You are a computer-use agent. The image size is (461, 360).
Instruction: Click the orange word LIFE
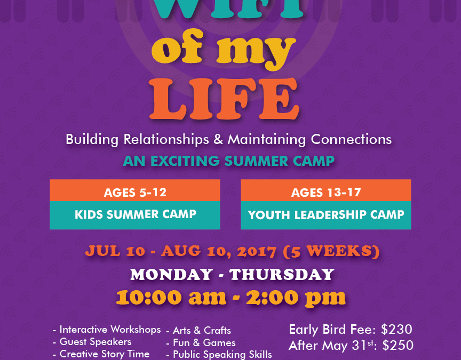224,99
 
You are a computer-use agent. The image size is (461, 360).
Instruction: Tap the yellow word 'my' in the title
256,50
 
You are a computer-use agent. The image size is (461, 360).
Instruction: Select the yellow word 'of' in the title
177,46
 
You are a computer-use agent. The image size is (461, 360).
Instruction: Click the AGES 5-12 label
135,193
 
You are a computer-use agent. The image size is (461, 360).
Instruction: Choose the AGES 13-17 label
326,193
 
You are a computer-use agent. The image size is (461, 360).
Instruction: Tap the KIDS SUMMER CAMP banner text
135,214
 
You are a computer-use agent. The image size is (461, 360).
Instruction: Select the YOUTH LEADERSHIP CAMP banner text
326,214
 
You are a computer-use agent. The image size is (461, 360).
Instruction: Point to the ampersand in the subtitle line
218,139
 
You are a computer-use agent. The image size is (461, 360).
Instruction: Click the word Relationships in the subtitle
166,139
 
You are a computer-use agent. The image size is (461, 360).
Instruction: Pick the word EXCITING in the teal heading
185,161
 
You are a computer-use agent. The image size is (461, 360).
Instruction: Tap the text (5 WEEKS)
331,252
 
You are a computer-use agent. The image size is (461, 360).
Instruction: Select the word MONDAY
171,275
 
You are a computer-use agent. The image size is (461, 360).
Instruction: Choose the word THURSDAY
282,275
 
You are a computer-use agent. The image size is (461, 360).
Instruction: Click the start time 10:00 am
171,298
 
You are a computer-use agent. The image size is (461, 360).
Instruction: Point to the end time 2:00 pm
296,298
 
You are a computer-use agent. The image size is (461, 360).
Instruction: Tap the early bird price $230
396,330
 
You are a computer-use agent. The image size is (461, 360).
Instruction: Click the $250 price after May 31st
398,345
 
